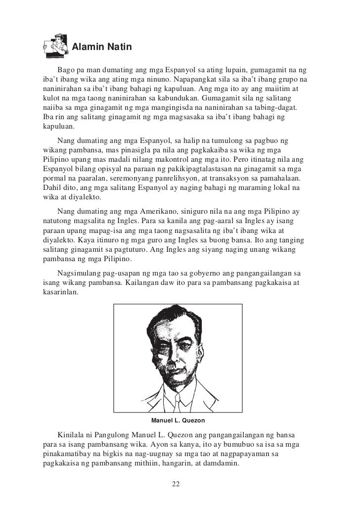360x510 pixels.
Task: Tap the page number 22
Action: (x=176, y=483)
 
